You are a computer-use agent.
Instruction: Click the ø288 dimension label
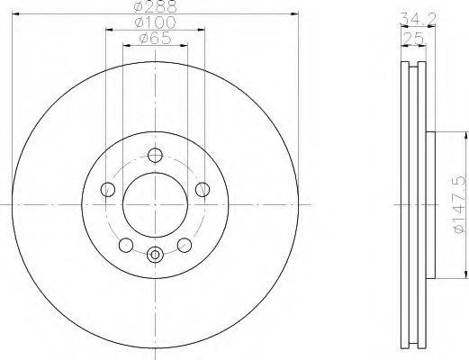(155, 6)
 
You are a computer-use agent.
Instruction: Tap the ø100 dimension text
(155, 22)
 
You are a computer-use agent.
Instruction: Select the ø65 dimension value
(155, 39)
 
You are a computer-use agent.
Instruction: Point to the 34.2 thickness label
(418, 19)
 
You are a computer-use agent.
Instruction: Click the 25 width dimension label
(413, 38)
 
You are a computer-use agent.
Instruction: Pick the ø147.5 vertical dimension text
(461, 205)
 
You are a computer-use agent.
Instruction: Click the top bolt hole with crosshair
(155, 155)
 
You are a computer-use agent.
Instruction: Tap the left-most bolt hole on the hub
(107, 189)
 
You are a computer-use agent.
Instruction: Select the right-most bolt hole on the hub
(203, 189)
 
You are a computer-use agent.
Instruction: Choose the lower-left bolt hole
(126, 245)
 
